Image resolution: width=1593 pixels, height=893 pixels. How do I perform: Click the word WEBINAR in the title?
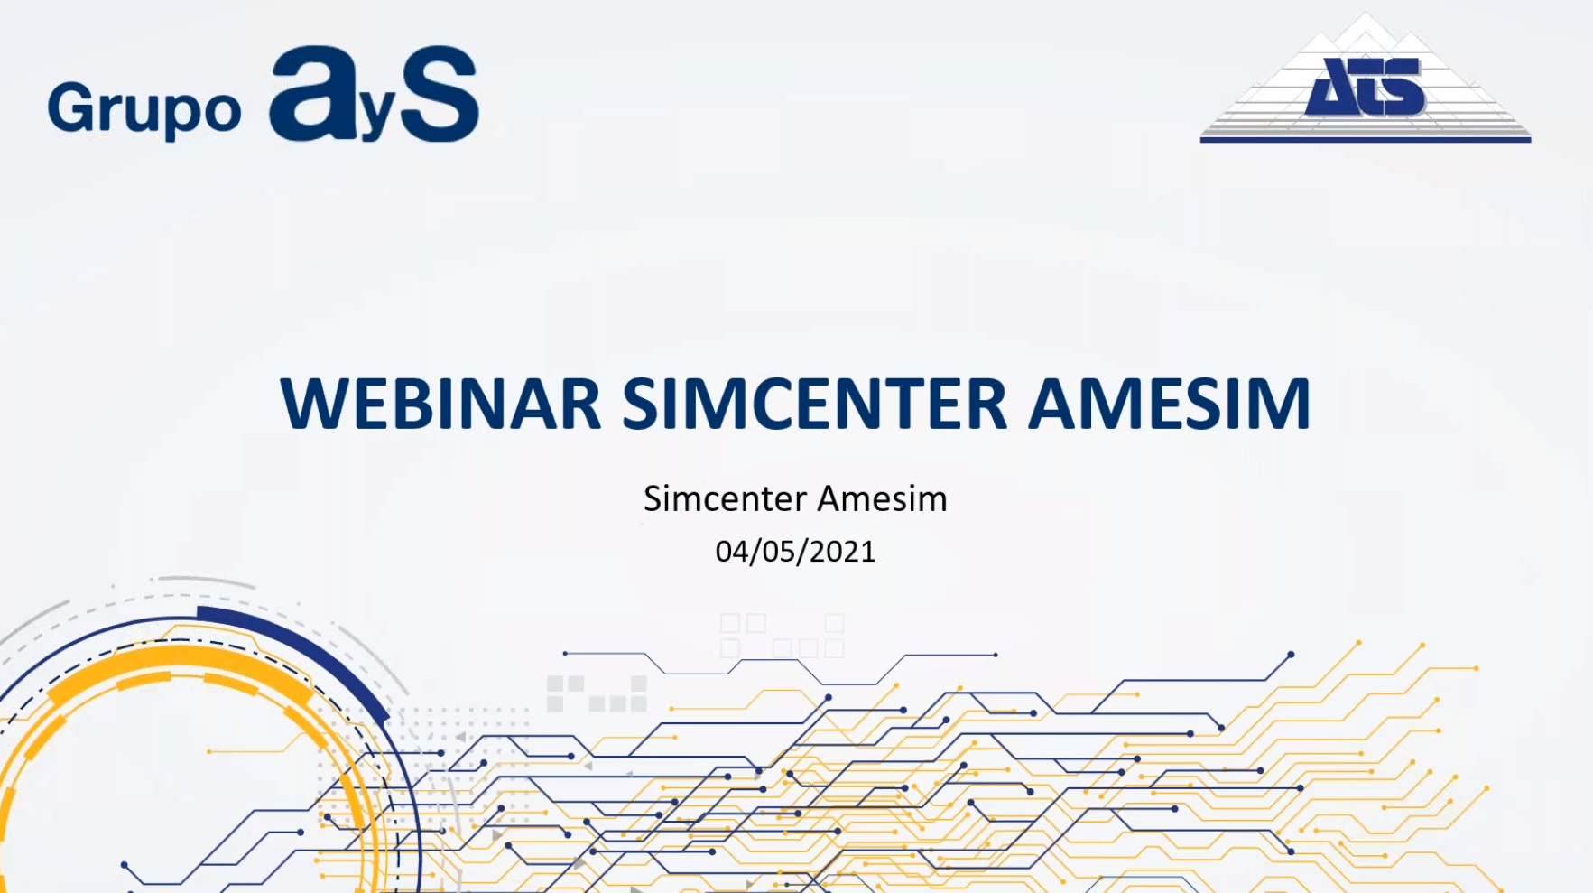pos(441,404)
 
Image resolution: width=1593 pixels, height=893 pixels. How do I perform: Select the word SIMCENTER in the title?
pos(815,404)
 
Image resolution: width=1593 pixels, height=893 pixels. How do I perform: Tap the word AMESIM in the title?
pos(1170,404)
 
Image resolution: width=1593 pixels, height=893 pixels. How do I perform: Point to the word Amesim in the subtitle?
pos(883,498)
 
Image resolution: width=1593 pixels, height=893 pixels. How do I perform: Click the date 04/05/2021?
pos(795,552)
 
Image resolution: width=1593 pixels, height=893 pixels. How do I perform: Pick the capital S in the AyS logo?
pos(439,94)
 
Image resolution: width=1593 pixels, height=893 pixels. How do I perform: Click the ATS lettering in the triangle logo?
pos(1365,87)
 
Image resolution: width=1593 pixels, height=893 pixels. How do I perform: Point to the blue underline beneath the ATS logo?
pos(1366,139)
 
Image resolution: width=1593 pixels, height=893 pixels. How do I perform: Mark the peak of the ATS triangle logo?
pos(1366,13)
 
